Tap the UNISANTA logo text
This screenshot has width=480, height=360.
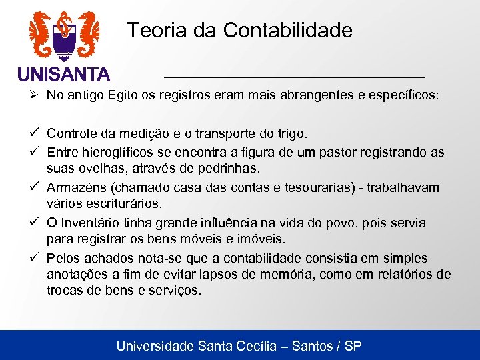(64, 73)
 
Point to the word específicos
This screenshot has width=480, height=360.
(405, 95)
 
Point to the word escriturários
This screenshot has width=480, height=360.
(121, 203)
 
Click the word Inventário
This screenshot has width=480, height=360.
(93, 223)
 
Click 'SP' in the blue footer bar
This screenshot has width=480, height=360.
(353, 346)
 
